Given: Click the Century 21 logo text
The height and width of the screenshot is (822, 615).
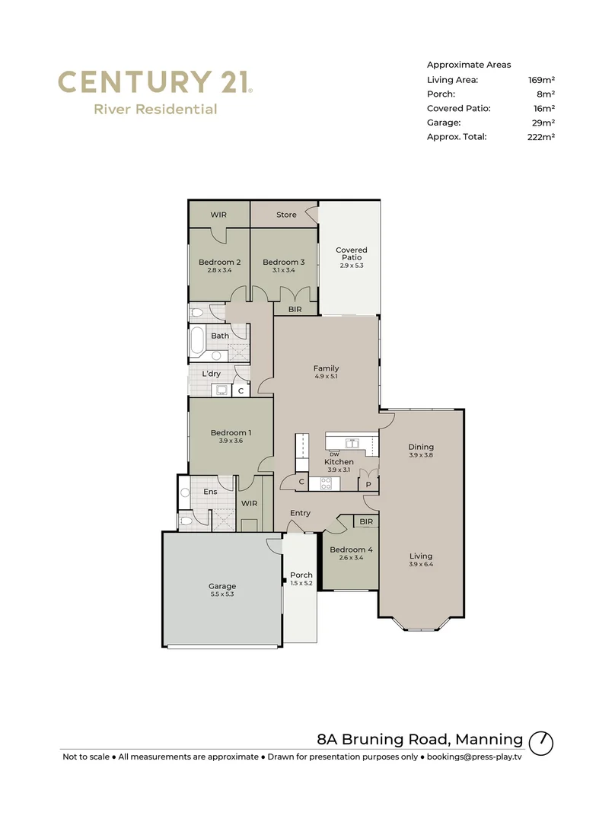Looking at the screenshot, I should point(155,81).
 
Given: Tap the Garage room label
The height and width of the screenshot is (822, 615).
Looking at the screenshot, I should point(222,586).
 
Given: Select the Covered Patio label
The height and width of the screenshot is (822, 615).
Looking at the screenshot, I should point(351,253).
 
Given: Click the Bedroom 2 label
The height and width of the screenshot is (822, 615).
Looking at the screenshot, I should point(219,263).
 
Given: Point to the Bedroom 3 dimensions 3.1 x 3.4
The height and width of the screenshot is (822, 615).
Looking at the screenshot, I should point(283,270).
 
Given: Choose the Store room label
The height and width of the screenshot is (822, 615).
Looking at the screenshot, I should point(286,215).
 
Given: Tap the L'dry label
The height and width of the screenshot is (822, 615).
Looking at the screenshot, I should point(212,374).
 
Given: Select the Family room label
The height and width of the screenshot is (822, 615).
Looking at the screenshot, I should point(326,368).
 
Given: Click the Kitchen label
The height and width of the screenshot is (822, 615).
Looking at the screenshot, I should point(339,462).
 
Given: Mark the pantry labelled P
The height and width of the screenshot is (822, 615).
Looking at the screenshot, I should point(368,485).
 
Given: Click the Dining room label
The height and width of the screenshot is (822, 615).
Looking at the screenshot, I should point(420,447).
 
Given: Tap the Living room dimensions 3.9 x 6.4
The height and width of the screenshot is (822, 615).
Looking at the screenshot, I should point(420,564).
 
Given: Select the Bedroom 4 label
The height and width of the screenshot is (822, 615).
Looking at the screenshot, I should point(350,550).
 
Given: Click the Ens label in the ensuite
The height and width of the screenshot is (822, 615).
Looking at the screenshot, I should point(210,492).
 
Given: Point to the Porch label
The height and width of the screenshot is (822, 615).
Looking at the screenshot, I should point(301,575).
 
